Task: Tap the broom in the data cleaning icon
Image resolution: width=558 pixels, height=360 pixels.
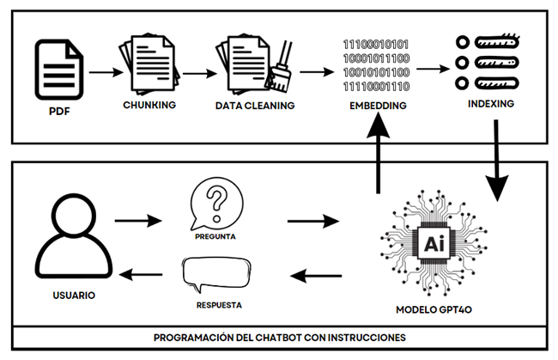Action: tap(280, 73)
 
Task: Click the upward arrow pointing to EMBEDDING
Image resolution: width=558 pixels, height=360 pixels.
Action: tap(375, 155)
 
